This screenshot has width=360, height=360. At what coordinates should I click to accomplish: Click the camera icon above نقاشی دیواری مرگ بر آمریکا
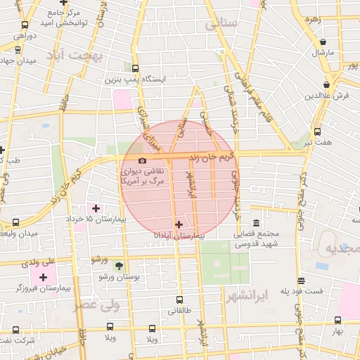pos(143,161)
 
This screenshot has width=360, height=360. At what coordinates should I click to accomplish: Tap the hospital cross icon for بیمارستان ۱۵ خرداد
pos(96,208)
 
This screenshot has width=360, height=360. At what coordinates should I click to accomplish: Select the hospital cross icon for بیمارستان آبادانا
pos(178,225)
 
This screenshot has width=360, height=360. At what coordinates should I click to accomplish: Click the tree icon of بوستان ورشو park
pos(118,266)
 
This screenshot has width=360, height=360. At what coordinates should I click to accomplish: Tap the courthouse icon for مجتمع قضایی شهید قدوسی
pos(256,221)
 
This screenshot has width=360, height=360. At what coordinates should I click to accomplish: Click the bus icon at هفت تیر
pos(317,131)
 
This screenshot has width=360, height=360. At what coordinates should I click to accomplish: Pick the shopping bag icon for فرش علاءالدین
pos(327,85)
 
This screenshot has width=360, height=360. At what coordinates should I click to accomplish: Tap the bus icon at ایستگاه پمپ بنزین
pos(136,68)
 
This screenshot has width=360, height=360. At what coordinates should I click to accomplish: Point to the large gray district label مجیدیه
pos(343,249)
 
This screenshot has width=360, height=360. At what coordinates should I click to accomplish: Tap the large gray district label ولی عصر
pos(96,306)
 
